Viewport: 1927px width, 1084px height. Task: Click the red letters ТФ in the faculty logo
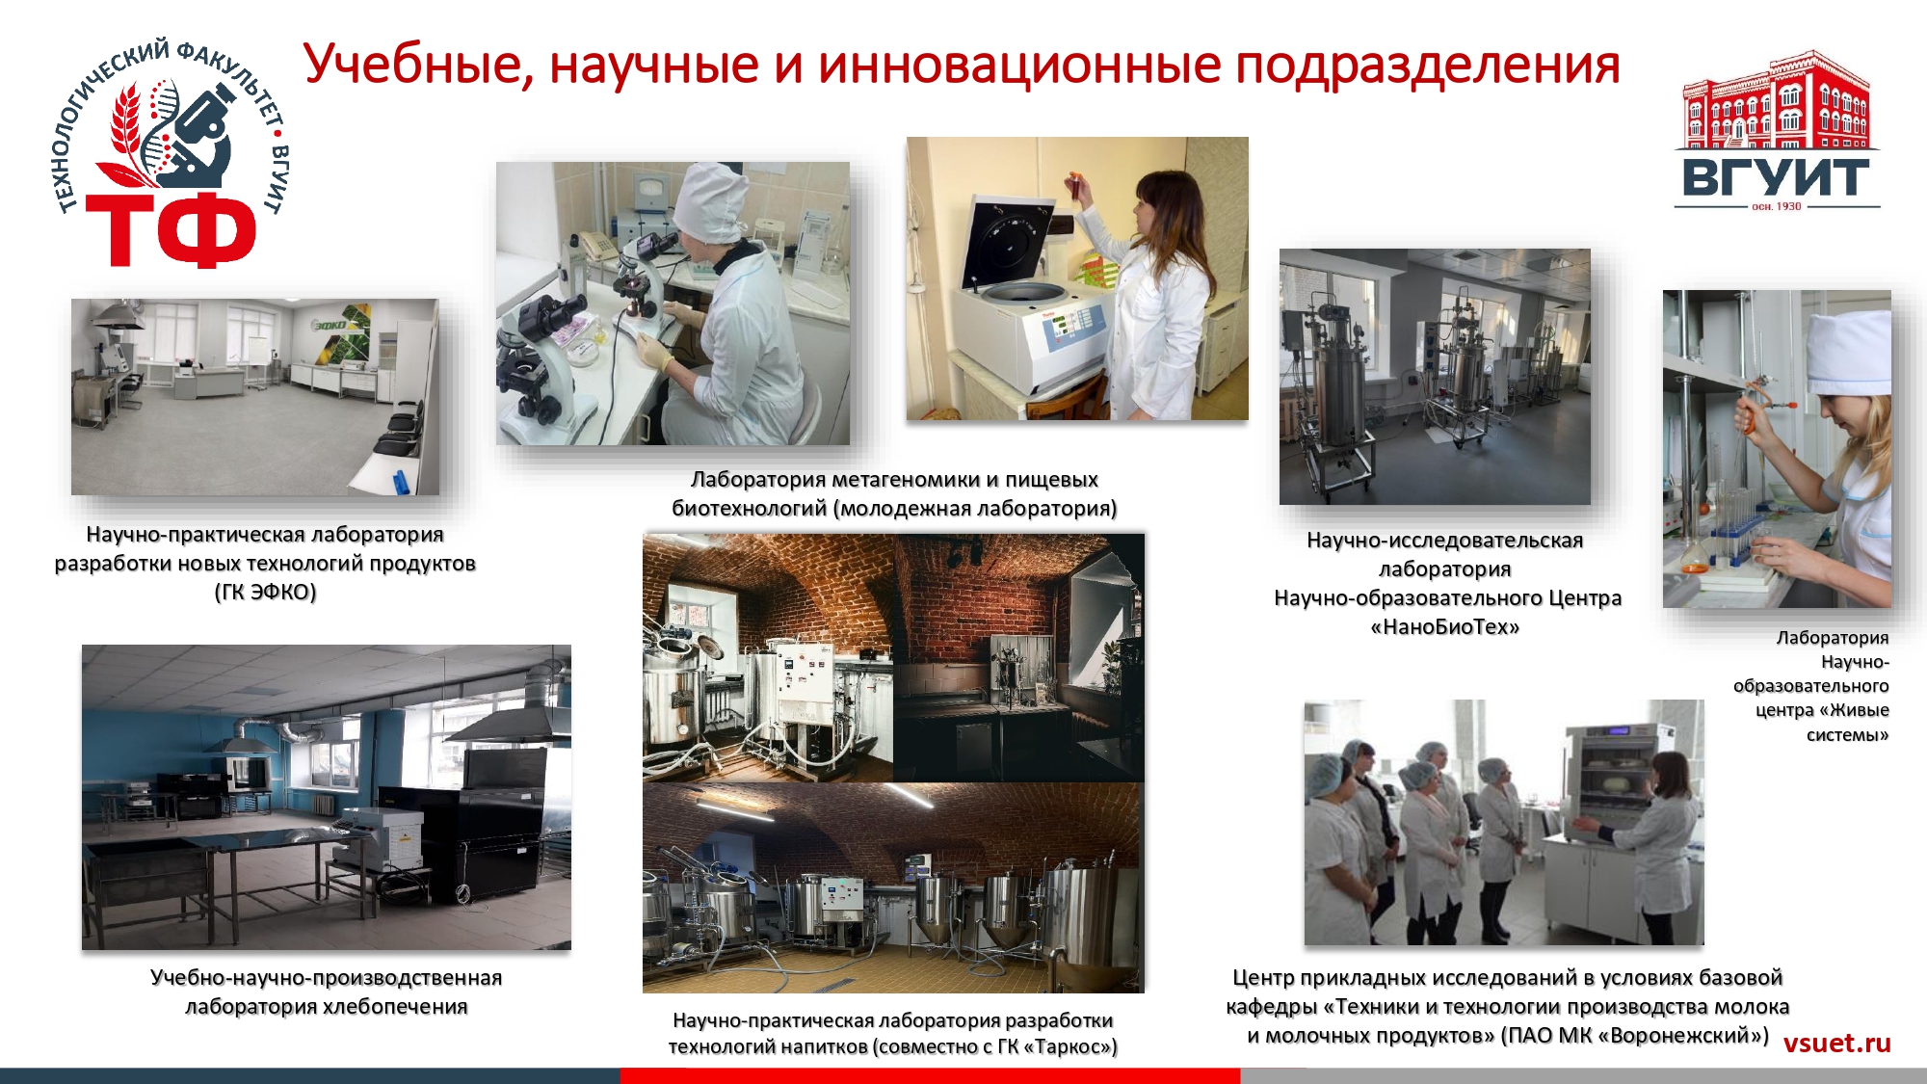tap(172, 228)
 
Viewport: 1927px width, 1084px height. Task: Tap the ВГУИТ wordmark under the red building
tap(1775, 177)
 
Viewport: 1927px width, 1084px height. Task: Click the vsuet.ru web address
tap(1836, 1043)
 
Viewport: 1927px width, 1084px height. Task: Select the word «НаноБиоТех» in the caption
tap(1444, 627)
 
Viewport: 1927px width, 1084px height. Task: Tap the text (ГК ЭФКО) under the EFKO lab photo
tap(265, 593)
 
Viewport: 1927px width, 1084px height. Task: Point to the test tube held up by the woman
tap(1071, 185)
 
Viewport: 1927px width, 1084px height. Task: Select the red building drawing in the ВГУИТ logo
tap(1775, 101)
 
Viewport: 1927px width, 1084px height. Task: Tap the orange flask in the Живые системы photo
tap(1694, 556)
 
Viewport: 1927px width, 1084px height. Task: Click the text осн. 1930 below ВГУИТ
tap(1776, 206)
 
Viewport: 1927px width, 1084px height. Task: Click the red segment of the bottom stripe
tap(930, 1075)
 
